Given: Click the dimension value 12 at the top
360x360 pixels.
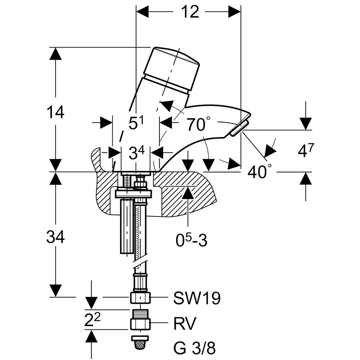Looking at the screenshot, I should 190,12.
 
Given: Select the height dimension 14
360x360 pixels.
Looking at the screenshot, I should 55,112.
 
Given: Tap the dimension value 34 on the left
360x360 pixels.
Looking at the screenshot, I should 55,237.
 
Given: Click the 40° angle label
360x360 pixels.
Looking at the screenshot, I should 259,172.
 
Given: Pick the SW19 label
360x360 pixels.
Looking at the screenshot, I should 197,298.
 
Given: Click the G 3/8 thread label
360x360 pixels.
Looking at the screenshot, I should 195,348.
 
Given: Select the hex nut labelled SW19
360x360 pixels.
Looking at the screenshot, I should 140,297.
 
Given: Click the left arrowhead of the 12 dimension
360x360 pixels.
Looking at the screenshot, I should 142,12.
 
